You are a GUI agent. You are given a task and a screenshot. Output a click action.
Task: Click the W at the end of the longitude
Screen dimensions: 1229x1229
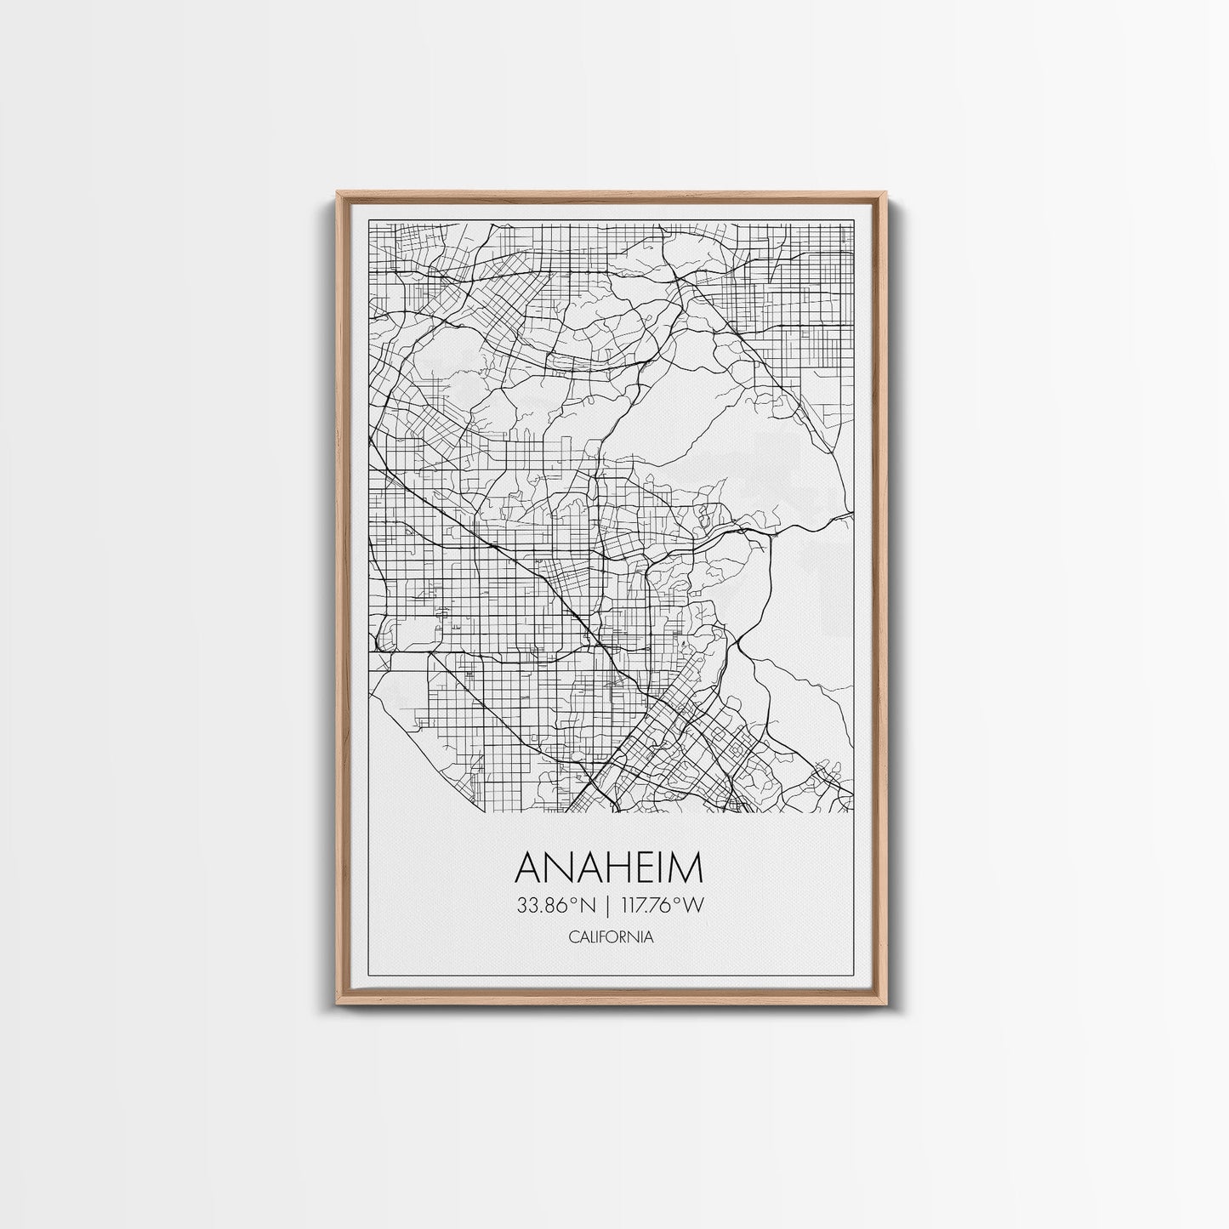(695, 906)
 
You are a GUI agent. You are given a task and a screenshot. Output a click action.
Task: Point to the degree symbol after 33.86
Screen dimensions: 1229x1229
(576, 901)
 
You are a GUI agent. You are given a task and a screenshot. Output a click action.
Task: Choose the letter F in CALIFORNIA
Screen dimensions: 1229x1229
(603, 937)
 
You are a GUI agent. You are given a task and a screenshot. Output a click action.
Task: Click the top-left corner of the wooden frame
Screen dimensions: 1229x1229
(338, 193)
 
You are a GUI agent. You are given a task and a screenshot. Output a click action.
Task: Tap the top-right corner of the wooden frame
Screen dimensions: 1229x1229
(886, 193)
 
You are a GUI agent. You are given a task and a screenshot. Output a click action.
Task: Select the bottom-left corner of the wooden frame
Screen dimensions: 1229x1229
(338, 1006)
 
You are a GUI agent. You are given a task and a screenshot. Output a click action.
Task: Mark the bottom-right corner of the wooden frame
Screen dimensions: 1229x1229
(886, 1006)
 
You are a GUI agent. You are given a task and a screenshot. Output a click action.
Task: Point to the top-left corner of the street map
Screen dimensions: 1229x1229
(368, 224)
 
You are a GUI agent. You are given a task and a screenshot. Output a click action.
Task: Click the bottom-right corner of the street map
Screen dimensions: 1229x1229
(852, 811)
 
